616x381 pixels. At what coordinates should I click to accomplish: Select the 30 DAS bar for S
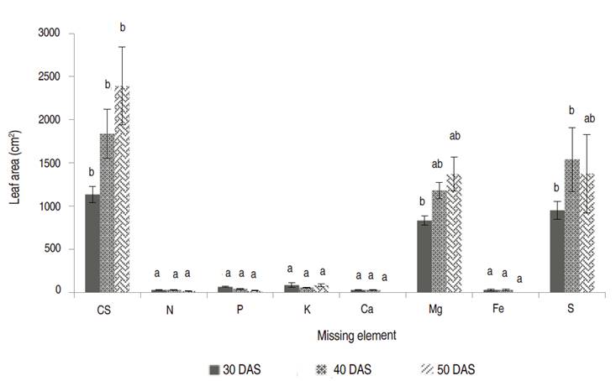[x=557, y=251]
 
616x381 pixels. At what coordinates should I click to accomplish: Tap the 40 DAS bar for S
[x=571, y=226]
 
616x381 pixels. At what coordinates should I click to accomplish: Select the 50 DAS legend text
[x=456, y=368]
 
